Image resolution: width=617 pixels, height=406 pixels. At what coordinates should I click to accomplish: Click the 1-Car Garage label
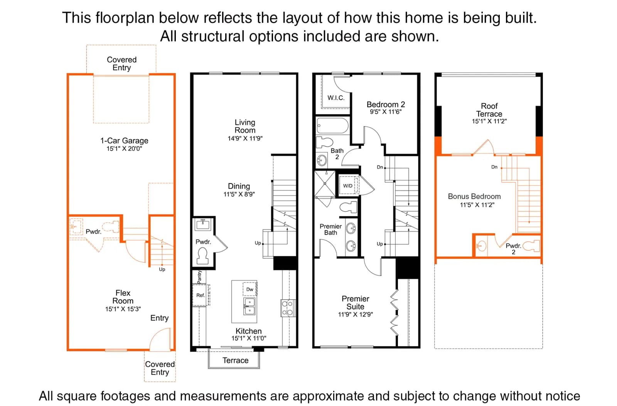click(x=124, y=141)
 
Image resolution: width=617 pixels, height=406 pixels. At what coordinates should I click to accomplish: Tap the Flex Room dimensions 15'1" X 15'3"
click(x=123, y=309)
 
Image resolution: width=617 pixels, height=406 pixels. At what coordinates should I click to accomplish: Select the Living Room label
click(x=245, y=126)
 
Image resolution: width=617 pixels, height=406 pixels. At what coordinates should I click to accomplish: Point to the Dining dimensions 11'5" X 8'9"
click(x=239, y=194)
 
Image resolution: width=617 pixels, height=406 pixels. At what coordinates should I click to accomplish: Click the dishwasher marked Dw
click(x=249, y=289)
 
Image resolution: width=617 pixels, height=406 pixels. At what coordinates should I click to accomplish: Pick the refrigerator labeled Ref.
click(x=200, y=295)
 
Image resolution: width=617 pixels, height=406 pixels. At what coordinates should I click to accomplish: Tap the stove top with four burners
click(x=287, y=308)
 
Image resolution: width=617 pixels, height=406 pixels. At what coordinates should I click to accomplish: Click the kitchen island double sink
click(x=249, y=306)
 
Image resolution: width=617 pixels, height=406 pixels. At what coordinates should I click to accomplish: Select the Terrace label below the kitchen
click(x=235, y=360)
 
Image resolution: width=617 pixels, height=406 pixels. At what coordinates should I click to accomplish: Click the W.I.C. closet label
click(x=336, y=98)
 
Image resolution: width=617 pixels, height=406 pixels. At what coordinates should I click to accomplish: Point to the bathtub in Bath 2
click(x=332, y=126)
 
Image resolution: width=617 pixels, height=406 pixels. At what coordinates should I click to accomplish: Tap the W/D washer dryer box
click(x=349, y=185)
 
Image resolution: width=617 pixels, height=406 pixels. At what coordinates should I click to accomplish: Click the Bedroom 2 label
click(x=386, y=104)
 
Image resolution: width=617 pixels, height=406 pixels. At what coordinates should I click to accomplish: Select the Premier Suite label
click(x=355, y=303)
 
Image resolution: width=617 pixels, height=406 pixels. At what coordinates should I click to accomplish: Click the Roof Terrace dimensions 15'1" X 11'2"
click(x=489, y=121)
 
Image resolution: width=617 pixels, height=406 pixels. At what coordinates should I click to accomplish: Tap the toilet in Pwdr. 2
click(x=531, y=246)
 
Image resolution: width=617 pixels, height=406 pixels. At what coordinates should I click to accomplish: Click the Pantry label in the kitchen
click(x=200, y=277)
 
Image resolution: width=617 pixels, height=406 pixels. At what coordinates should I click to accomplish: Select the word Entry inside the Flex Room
click(x=159, y=318)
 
